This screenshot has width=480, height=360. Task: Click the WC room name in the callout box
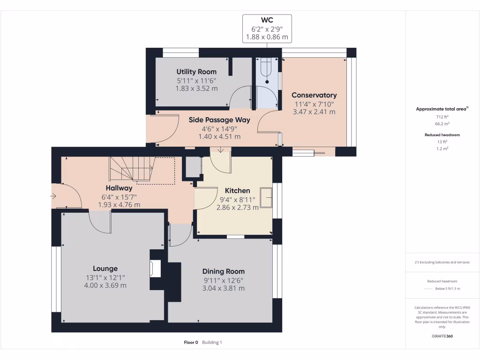[267, 20]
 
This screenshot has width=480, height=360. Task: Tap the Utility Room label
[196, 72]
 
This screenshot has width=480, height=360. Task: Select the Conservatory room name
[314, 95]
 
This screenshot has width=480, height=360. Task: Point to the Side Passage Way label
[219, 120]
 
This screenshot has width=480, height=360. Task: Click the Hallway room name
[119, 188]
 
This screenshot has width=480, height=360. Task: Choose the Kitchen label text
[238, 191]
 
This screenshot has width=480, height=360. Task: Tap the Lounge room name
[105, 269]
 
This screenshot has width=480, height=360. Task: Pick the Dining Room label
[224, 271]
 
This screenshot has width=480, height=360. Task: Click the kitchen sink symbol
[266, 198]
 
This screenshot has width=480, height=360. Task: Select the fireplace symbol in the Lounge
[155, 269]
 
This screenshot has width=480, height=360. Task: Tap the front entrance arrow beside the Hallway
[53, 196]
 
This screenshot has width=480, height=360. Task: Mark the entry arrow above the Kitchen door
[221, 150]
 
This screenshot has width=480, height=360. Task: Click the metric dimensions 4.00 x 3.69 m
[105, 285]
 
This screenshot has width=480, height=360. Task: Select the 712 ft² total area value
[442, 117]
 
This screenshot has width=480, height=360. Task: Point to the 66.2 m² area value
[442, 124]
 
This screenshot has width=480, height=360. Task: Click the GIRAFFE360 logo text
[442, 336]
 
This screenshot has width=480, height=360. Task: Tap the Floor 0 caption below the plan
[191, 343]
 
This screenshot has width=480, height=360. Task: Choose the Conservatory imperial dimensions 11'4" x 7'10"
[314, 105]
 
